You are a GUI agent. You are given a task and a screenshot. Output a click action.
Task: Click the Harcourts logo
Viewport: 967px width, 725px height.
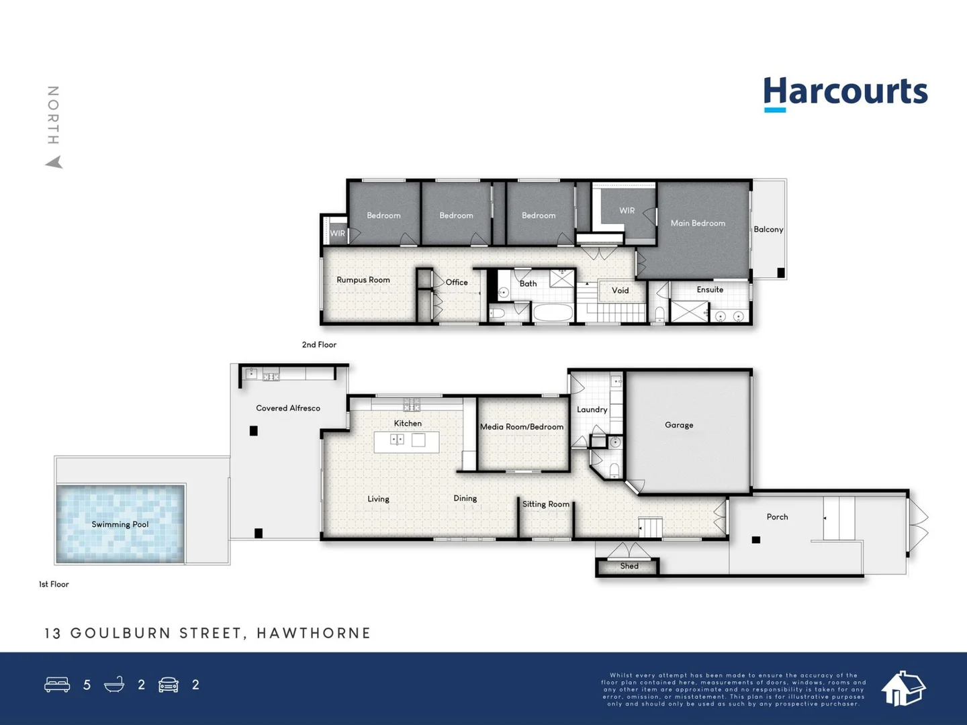pyautogui.click(x=845, y=93)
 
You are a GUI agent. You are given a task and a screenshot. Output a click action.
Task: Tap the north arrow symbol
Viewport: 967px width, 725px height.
pyautogui.click(x=54, y=162)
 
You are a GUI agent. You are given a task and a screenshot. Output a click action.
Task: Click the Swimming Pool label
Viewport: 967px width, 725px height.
pyautogui.click(x=120, y=524)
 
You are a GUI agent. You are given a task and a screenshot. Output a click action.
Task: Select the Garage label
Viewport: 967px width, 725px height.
pyautogui.click(x=679, y=425)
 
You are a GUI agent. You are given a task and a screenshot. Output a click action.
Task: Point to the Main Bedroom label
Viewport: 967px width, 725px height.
pyautogui.click(x=698, y=223)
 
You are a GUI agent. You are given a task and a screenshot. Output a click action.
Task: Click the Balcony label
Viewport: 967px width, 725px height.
pyautogui.click(x=768, y=230)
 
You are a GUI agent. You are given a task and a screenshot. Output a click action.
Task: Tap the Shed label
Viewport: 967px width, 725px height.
pyautogui.click(x=629, y=566)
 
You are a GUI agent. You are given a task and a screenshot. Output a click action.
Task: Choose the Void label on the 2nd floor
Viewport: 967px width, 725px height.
pyautogui.click(x=620, y=291)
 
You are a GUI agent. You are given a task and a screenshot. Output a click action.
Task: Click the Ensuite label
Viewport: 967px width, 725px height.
pyautogui.click(x=710, y=290)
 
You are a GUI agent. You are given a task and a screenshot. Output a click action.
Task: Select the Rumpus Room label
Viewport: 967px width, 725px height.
pyautogui.click(x=363, y=280)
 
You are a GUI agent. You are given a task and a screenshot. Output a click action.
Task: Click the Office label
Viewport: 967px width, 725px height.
pyautogui.click(x=457, y=283)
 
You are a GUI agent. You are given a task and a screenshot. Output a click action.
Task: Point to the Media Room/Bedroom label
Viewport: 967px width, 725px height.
pyautogui.click(x=522, y=427)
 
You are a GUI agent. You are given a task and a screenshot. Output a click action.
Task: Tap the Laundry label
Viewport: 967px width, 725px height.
pyautogui.click(x=592, y=409)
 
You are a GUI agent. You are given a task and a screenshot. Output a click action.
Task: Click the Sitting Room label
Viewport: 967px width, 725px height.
pyautogui.click(x=546, y=504)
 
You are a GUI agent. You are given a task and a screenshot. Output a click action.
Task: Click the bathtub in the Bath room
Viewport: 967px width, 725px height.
pyautogui.click(x=553, y=313)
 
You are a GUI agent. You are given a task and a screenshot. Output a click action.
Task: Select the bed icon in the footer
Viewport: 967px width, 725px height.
pyautogui.click(x=57, y=685)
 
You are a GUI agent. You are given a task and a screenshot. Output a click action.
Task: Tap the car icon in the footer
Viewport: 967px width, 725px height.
pyautogui.click(x=169, y=685)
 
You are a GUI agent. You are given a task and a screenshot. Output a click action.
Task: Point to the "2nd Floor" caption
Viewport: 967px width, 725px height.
pyautogui.click(x=319, y=344)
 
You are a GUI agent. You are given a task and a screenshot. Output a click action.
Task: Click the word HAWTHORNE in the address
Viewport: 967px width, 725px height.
pyautogui.click(x=314, y=633)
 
